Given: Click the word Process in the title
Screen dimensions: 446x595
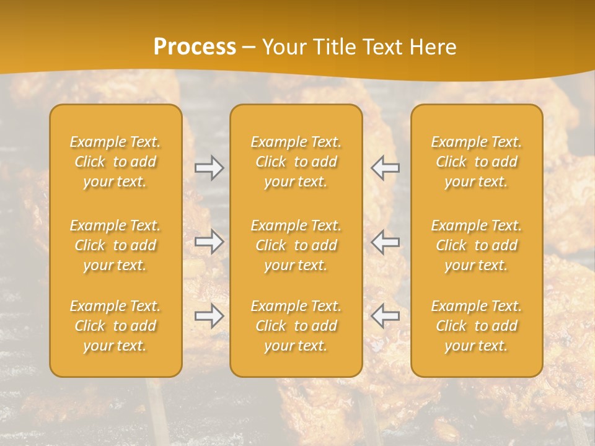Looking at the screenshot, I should point(195,47).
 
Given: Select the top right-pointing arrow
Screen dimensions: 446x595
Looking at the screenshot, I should point(209,168).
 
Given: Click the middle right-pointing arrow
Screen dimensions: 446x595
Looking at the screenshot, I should point(209,242).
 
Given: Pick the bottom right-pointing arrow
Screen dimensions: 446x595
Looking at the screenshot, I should point(209,316).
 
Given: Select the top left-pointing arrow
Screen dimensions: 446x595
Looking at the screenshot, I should point(386,168).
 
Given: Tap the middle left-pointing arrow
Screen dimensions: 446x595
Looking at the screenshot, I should point(386,242).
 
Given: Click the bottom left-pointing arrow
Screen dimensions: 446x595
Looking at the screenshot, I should point(386,316).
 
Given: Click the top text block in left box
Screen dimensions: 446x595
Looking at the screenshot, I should point(115,162).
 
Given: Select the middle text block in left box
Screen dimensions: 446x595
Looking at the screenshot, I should point(115,245).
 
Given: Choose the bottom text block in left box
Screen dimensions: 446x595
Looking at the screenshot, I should point(115,326).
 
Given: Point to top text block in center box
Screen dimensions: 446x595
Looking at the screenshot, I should point(296,162).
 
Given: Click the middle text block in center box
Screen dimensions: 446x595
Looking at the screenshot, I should point(296,245).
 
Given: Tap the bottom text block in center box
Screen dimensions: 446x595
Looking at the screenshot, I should point(296,326).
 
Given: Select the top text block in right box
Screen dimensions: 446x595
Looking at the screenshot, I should point(477,162).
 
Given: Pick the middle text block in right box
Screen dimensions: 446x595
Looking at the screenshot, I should point(477,245).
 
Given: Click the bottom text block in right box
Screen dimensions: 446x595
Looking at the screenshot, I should point(477,326).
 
